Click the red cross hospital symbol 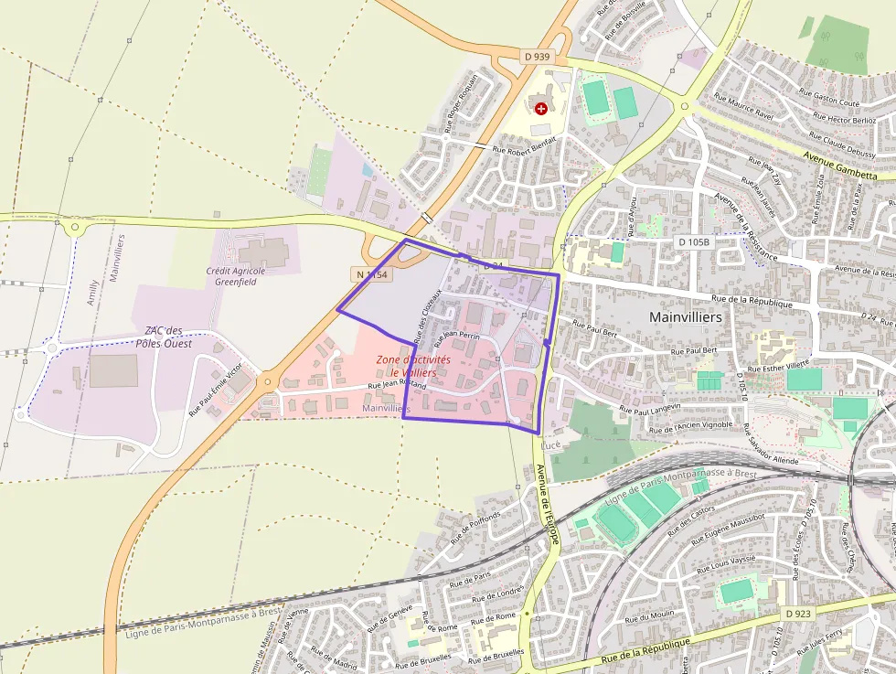coord(541,108)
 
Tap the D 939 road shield coord(538,57)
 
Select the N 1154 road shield coord(370,274)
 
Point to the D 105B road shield coord(694,241)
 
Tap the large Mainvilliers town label coord(685,316)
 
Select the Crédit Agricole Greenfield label coord(236,276)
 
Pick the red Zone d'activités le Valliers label coord(413,366)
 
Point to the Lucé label coord(550,444)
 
